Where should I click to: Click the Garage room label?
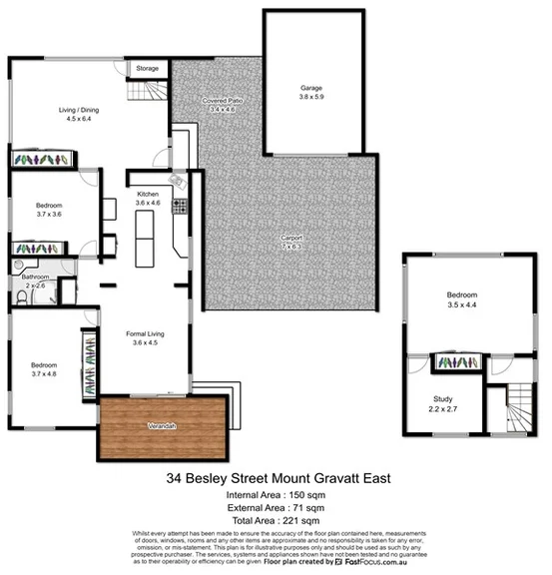311,88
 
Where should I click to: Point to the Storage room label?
148,68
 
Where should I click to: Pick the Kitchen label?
148,197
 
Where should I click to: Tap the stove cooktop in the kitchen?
181,208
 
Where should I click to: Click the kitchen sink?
176,179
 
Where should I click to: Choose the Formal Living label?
146,336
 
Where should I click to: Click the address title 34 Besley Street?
275,478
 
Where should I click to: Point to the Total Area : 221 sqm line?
275,520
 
